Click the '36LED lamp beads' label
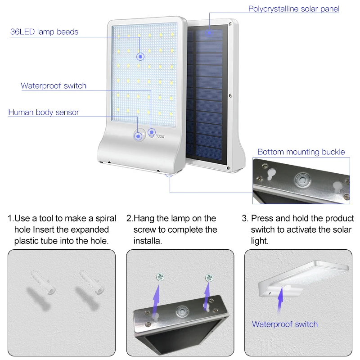[x=44, y=32]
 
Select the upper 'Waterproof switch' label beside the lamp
[x=54, y=85]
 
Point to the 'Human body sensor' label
[x=44, y=112]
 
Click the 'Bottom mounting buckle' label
[x=301, y=152]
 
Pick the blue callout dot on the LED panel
[x=141, y=56]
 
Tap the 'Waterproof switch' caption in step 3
[x=284, y=324]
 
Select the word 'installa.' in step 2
[x=148, y=241]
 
